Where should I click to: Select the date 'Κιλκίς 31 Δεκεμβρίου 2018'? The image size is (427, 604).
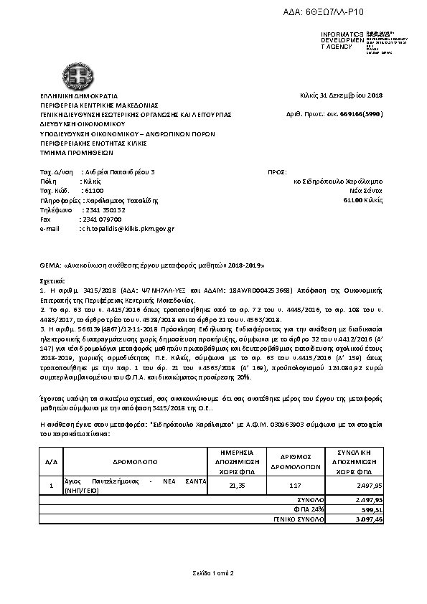[x=341, y=95]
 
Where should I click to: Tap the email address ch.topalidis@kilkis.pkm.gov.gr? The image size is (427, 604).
[x=126, y=228]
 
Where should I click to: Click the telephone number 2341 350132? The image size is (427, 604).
[x=105, y=209]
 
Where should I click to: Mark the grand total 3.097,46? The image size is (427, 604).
[x=371, y=518]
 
